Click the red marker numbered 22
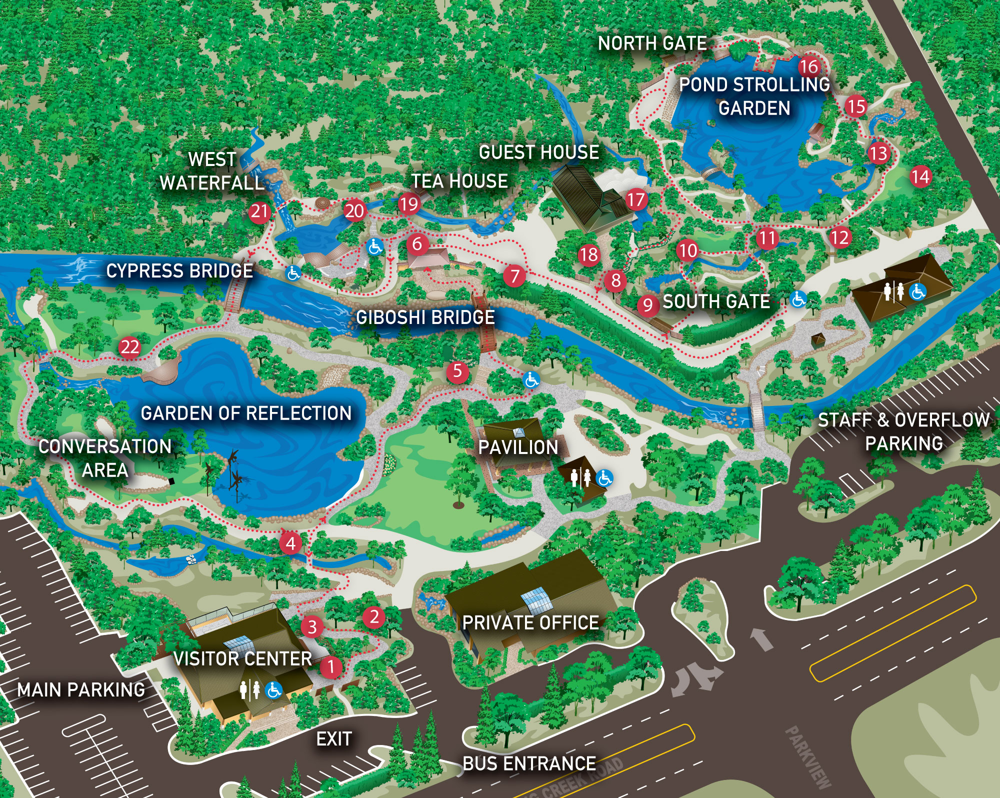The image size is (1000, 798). [x=129, y=347]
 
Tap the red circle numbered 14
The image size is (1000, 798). [x=920, y=176]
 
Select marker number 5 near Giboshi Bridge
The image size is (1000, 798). [x=457, y=371]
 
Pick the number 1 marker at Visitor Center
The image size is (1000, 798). [x=330, y=666]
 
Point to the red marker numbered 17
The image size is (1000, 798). [x=636, y=200]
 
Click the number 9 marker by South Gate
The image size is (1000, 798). [x=647, y=304]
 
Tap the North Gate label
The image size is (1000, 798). [x=652, y=43]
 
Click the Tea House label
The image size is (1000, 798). [x=459, y=181]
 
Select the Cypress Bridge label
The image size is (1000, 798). [x=179, y=271]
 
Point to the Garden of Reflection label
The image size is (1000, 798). [x=246, y=413]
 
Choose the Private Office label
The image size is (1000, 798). [x=530, y=623]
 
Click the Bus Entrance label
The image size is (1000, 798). [x=529, y=764]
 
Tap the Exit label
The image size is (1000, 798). [x=334, y=739]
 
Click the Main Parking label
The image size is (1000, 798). [x=81, y=690]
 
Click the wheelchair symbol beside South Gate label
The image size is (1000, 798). [x=798, y=299]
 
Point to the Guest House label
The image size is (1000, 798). [x=539, y=152]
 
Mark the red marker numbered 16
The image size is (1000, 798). [x=808, y=66]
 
